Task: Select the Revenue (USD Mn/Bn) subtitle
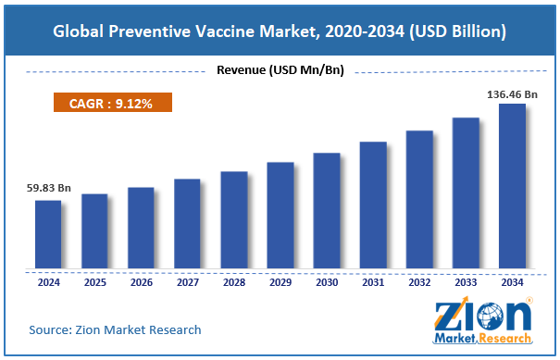(x=279, y=69)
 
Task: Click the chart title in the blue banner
(x=280, y=31)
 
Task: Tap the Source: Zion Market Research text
(x=115, y=329)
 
